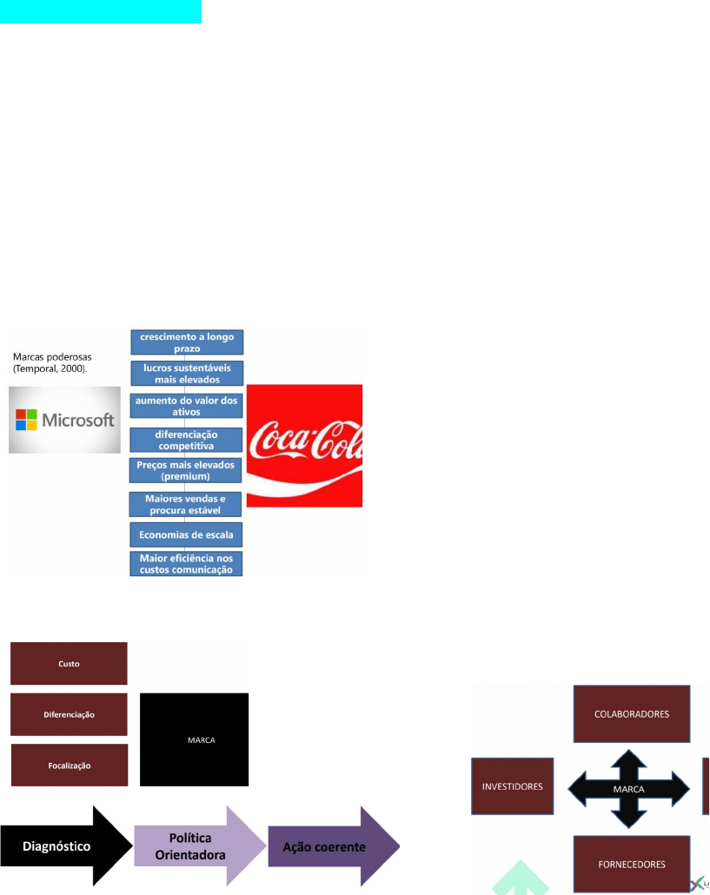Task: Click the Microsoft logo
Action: [x=65, y=421]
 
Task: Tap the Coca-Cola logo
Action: [x=304, y=445]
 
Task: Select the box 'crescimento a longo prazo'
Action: [x=188, y=342]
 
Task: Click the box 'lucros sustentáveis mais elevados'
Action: [x=188, y=374]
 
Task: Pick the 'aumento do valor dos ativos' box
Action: [x=188, y=406]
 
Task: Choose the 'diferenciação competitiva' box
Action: [x=188, y=439]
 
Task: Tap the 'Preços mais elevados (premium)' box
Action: [x=188, y=470]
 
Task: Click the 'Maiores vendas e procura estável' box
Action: [x=188, y=503]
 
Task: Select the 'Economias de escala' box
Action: [x=188, y=533]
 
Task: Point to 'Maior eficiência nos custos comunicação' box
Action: [x=188, y=563]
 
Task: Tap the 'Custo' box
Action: [x=69, y=664]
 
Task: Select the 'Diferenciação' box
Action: [x=69, y=714]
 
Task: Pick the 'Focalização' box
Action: [x=69, y=766]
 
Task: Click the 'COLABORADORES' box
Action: [x=632, y=714]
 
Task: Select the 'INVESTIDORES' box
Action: [x=512, y=786]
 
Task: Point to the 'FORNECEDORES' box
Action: [x=632, y=864]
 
